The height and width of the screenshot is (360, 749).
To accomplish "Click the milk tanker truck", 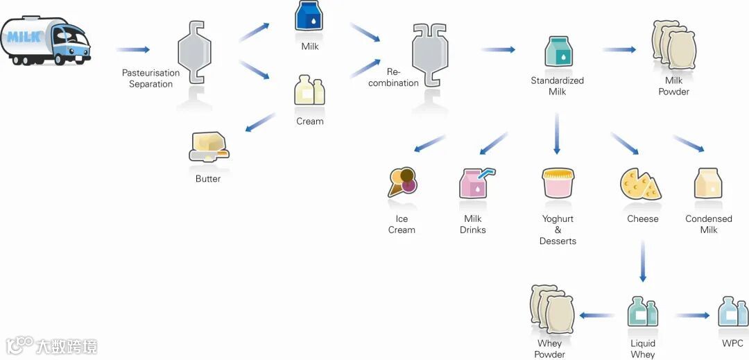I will click(x=45, y=42).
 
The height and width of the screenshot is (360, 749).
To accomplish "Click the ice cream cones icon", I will click(x=402, y=183).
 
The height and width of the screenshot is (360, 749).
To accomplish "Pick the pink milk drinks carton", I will click(x=474, y=183).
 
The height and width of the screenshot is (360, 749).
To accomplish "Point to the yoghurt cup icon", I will click(x=558, y=183).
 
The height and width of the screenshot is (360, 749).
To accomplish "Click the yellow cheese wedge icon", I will click(x=640, y=183).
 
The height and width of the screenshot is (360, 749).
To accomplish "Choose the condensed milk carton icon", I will click(x=708, y=183).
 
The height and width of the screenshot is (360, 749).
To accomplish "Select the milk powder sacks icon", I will click(x=673, y=45).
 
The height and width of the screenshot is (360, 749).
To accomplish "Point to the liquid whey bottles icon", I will click(x=642, y=311).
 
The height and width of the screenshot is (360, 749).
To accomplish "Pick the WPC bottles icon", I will click(x=732, y=311).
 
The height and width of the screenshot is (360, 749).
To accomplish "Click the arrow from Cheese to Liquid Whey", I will click(x=643, y=261).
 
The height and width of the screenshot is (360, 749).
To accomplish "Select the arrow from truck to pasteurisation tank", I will click(x=132, y=49).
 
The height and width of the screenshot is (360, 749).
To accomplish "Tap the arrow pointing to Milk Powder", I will click(x=619, y=49).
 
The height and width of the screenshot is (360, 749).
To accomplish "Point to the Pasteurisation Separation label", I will click(x=150, y=78).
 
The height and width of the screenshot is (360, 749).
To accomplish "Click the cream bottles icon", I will click(x=309, y=92).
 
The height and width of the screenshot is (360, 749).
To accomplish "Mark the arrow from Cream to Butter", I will click(x=260, y=122).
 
